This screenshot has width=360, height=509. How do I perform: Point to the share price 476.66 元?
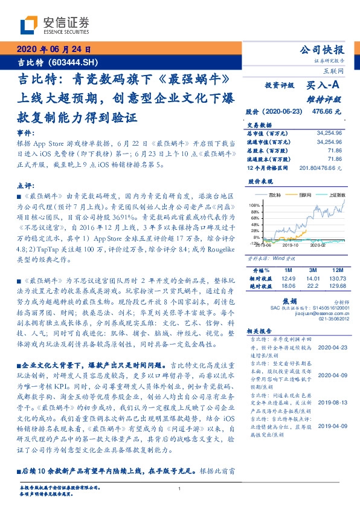326,112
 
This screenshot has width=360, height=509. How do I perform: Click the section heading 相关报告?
261,332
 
